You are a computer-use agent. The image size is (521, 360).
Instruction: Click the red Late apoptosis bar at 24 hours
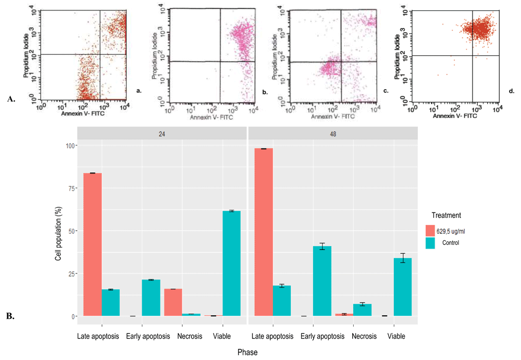pyautogui.click(x=92, y=244)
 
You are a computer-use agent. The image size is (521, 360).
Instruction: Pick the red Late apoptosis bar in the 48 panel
pyautogui.click(x=263, y=232)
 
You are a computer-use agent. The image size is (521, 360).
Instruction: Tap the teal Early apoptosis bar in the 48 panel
pyautogui.click(x=321, y=281)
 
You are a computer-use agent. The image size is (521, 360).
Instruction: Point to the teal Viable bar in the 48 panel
pyautogui.click(x=403, y=287)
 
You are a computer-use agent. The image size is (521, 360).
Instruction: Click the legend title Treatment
pyautogui.click(x=446, y=215)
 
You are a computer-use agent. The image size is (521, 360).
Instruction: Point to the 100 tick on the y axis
pyautogui.click(x=70, y=145)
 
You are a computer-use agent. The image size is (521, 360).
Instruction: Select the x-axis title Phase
pyautogui.click(x=247, y=352)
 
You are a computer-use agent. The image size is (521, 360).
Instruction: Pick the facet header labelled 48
pyautogui.click(x=332, y=133)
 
